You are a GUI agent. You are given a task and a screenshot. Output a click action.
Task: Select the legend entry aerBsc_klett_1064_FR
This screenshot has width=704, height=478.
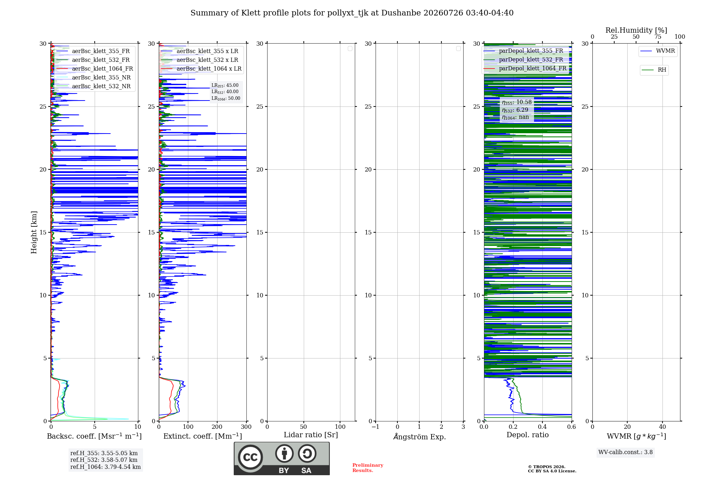tap(94, 69)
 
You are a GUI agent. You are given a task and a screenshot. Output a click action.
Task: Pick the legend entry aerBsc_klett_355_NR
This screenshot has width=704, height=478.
tap(93, 77)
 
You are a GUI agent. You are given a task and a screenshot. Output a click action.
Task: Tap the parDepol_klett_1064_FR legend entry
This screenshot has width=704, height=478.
tap(524, 68)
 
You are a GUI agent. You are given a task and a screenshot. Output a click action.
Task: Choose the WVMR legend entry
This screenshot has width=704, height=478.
tap(658, 51)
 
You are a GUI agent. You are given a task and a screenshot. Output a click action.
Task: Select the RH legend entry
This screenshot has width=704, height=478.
tap(654, 70)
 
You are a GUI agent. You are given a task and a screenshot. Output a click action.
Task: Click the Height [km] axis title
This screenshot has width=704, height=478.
tap(34, 232)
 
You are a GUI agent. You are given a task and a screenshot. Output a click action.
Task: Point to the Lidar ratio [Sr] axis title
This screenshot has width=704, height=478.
tap(311, 435)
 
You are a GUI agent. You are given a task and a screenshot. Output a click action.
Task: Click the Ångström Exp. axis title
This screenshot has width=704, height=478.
tap(420, 437)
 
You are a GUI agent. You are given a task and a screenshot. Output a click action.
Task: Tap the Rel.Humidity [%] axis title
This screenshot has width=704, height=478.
tap(636, 30)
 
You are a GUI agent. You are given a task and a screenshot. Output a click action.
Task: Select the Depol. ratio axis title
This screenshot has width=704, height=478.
tap(528, 435)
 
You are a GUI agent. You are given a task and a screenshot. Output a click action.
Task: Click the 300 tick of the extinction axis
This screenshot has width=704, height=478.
tap(246, 427)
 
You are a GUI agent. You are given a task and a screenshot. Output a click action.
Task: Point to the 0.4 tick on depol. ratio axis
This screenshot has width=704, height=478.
tap(542, 427)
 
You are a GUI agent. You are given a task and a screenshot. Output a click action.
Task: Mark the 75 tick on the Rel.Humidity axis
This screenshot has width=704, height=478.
tap(658, 37)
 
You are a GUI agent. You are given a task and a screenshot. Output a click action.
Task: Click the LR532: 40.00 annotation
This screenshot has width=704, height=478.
tap(225, 92)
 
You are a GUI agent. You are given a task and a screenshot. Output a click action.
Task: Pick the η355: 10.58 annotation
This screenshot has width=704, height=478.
tap(517, 102)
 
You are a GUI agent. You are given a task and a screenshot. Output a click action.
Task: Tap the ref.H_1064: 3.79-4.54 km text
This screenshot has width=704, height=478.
tap(106, 467)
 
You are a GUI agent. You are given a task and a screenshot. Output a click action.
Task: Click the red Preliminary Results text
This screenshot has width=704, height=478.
tap(368, 468)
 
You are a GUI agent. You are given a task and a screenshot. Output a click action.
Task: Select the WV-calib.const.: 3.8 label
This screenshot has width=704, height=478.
tap(626, 452)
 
